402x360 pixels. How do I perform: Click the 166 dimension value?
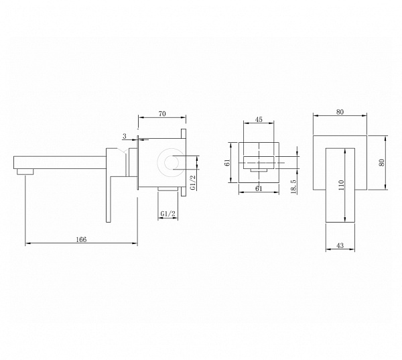point(81,239)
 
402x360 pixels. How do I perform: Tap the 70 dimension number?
point(162,114)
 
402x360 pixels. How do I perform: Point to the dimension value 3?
point(125,136)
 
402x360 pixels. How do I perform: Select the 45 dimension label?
point(259,119)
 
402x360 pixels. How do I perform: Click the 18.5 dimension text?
point(293,186)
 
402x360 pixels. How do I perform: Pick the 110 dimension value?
point(341,185)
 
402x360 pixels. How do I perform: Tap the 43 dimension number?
point(340,245)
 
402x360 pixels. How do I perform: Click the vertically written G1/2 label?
point(193,182)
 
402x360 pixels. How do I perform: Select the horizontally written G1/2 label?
point(168,213)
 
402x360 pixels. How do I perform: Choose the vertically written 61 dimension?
point(227,162)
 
